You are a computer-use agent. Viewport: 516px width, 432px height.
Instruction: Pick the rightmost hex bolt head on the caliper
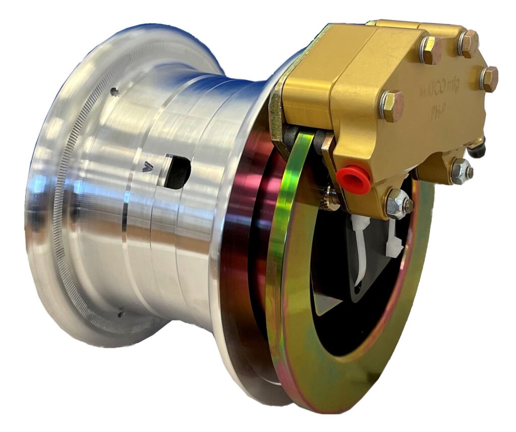coord(488,79)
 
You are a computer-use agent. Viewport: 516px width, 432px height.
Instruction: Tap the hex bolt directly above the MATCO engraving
coord(431,49)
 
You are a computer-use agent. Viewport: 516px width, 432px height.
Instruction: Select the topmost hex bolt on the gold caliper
coord(468,43)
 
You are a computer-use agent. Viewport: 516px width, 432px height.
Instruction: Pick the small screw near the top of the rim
coord(114,92)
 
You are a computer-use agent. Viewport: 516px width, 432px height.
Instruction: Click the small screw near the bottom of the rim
coord(121,314)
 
